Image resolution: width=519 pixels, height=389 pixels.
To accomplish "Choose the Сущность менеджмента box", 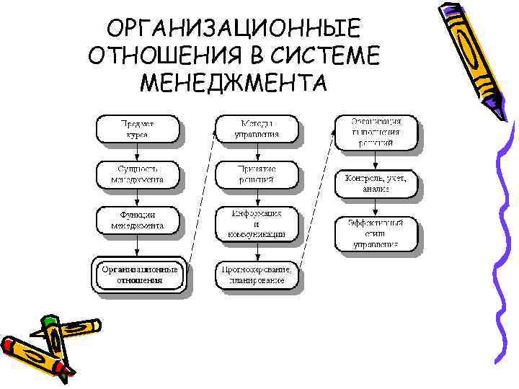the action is pos(137,174).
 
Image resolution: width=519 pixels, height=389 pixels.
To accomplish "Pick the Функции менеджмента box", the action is pos(137,220).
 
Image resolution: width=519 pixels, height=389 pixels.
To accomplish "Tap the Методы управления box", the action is pos(255,128).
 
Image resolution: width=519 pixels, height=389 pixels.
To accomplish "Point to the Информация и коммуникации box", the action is pos(255,223).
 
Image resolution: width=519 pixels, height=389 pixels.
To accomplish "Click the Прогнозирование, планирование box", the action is pos(257,274).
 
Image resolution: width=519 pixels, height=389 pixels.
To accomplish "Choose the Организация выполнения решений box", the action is pos(376,132).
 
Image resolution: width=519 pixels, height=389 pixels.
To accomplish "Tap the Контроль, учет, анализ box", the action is pos(376,183).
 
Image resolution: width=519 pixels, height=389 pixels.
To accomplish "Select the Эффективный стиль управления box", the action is pos(376,233).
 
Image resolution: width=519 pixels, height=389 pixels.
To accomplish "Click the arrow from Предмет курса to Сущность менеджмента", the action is pos(137,151).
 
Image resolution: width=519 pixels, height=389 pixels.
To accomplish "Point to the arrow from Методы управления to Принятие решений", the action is pos(256,151).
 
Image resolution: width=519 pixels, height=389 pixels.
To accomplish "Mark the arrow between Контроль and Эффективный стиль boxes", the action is pos(376,208).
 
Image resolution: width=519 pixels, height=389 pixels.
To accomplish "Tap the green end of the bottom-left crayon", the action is pos(49,322).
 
